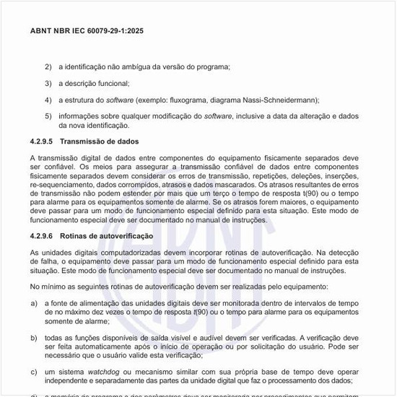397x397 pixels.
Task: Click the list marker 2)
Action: click(48, 67)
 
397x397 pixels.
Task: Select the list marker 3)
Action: click(48, 84)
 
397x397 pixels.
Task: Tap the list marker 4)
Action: click(48, 100)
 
